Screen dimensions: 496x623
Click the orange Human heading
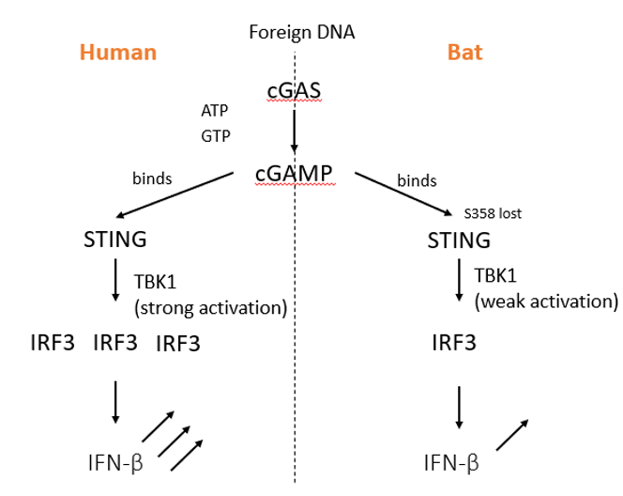click(117, 53)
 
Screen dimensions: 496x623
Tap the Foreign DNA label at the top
click(301, 33)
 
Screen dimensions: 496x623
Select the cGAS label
click(295, 92)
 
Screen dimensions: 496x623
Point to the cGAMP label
click(295, 173)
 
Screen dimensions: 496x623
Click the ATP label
click(214, 111)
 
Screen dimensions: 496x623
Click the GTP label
click(214, 135)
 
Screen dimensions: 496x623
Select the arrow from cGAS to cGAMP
click(295, 132)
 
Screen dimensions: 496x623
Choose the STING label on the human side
click(114, 240)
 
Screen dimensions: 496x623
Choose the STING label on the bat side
click(459, 240)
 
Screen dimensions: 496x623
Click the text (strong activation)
click(209, 307)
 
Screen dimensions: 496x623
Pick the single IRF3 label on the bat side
click(453, 343)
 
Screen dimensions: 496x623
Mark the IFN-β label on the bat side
click(452, 461)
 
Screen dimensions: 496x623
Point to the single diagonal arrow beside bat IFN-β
click(510, 436)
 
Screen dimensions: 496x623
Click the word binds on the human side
click(153, 178)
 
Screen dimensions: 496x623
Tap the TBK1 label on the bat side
click(498, 275)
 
